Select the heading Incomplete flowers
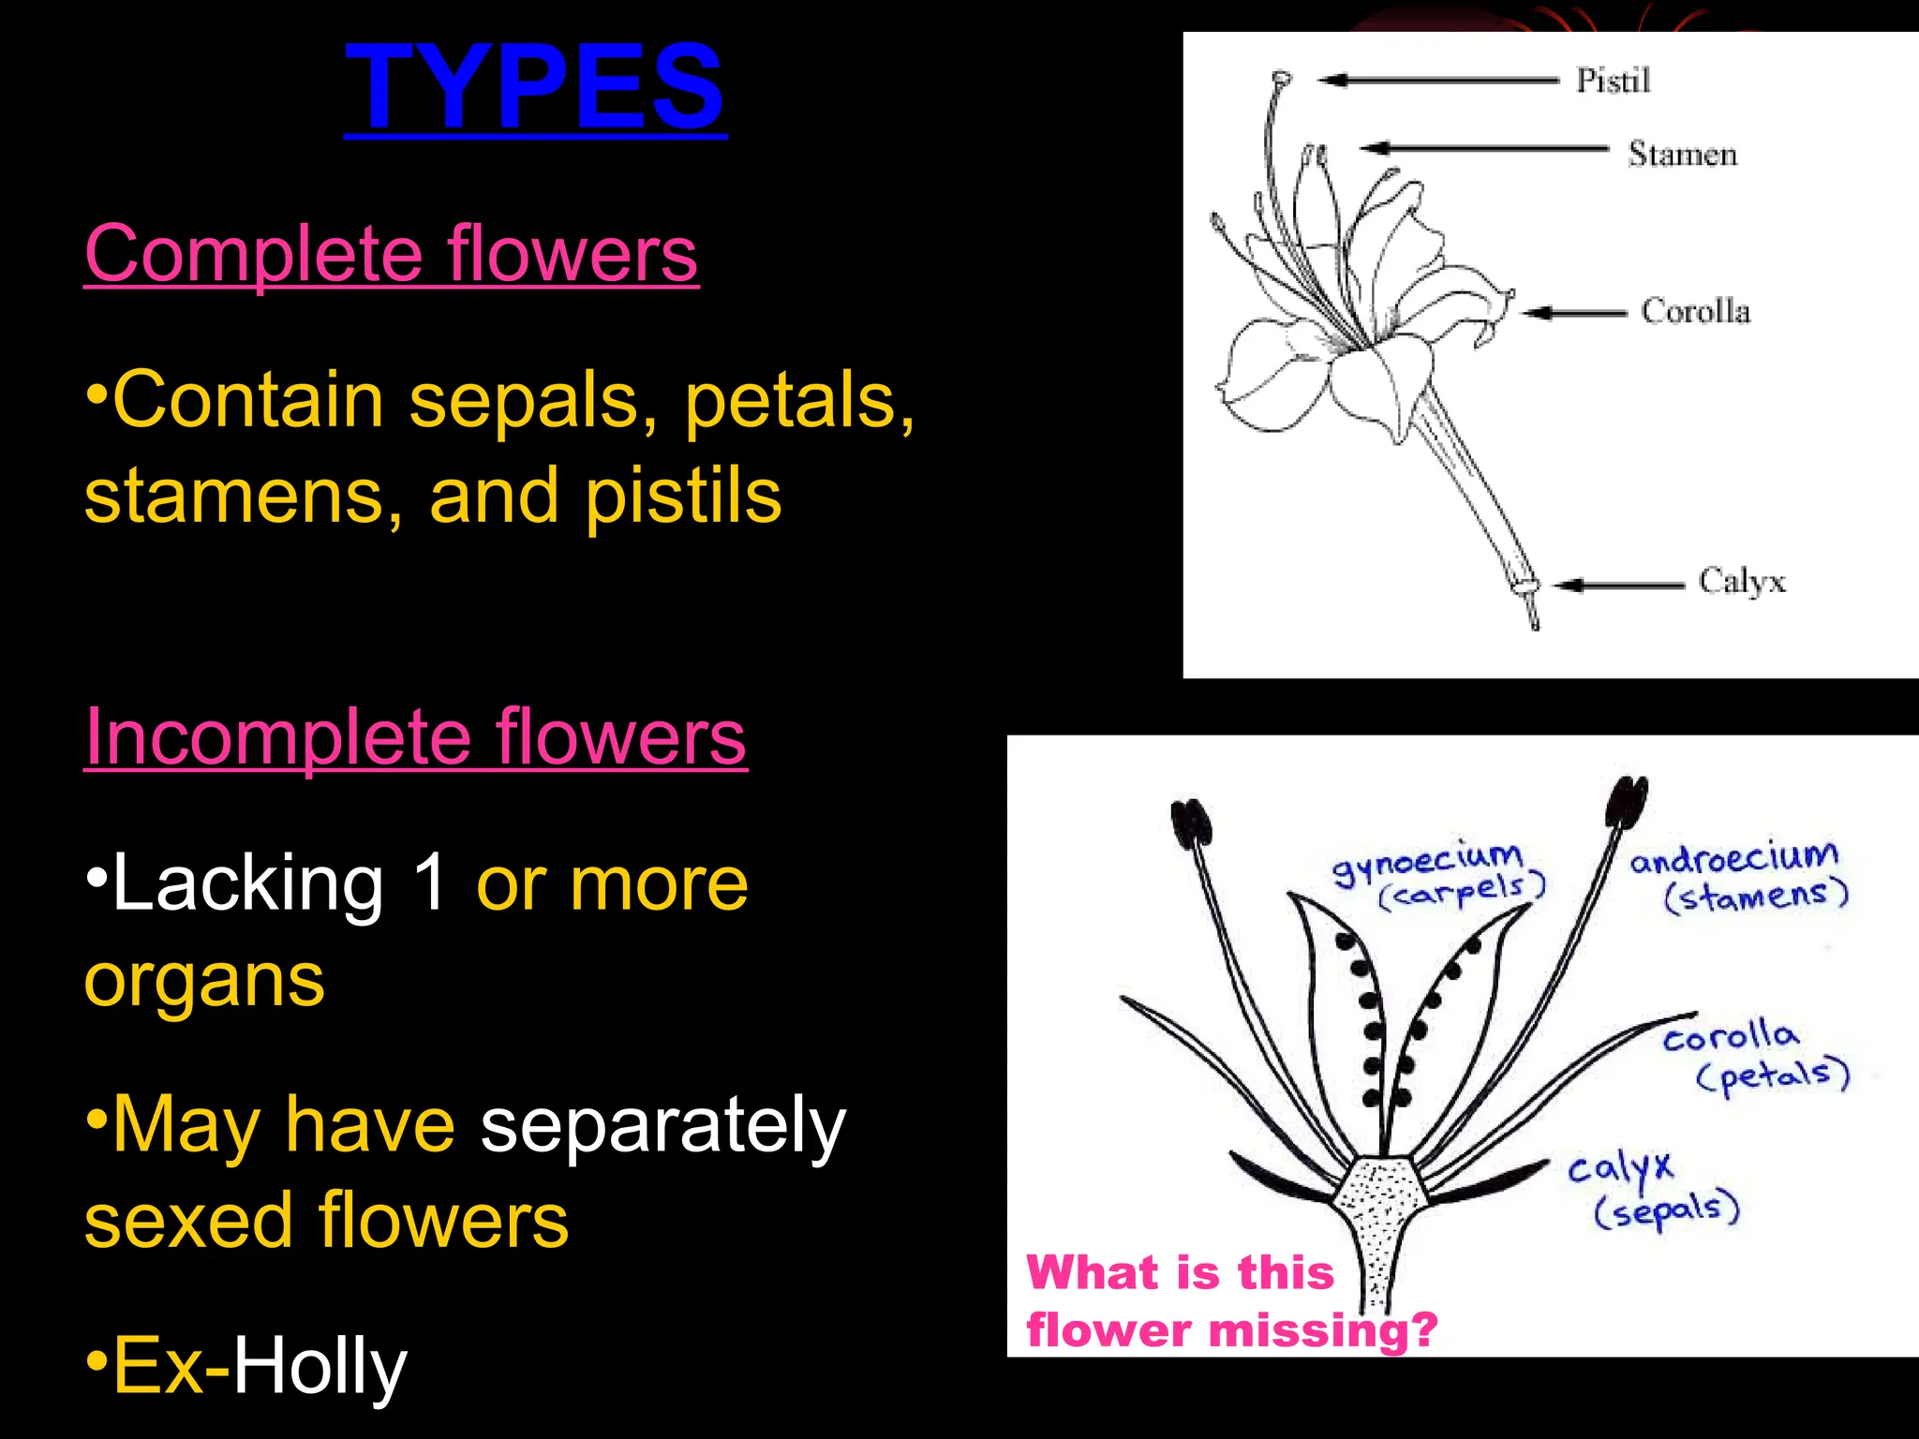(x=415, y=737)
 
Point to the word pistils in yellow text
(x=683, y=497)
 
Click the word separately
(x=662, y=1126)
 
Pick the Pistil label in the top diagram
(x=1612, y=81)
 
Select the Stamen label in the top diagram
(x=1682, y=154)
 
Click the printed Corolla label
(x=1695, y=311)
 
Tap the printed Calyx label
(x=1741, y=582)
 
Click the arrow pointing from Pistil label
(x=1438, y=81)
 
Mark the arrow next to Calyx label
(x=1618, y=586)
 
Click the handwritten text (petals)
(x=1773, y=1075)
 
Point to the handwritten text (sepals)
(x=1667, y=1209)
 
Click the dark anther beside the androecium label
(x=1626, y=803)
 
